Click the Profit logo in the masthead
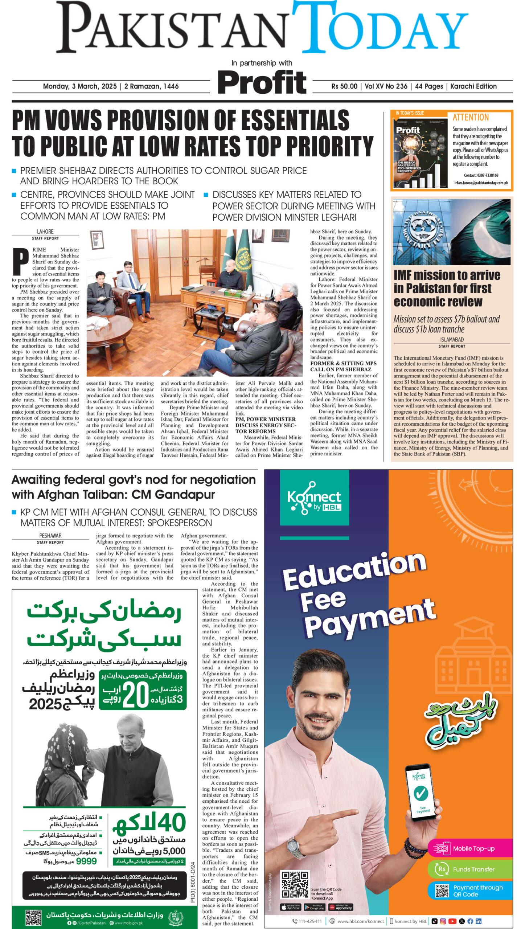coord(262,83)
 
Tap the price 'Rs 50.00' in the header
coord(344,86)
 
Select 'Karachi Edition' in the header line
coord(473,86)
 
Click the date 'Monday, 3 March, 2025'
coord(80,86)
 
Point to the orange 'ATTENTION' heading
coord(471,118)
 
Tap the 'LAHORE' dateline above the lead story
coord(45,232)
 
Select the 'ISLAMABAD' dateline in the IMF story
coord(452,340)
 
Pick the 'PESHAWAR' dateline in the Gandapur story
coord(50,536)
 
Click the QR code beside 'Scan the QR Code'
coord(295,885)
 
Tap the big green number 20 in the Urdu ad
coord(136,695)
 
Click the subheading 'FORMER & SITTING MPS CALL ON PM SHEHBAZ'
coord(343,367)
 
